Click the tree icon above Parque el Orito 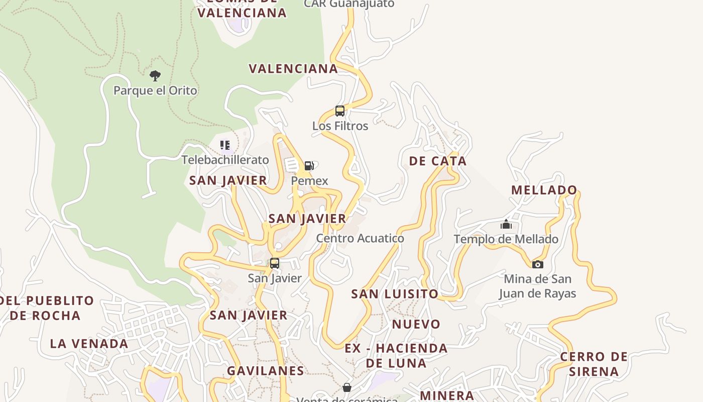tap(155, 76)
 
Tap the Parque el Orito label tap(155, 90)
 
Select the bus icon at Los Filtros tap(340, 111)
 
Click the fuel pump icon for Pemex tap(309, 166)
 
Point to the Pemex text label tap(309, 181)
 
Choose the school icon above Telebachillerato tap(225, 145)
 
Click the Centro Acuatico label tap(360, 238)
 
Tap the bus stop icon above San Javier tap(275, 263)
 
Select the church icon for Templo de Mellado tap(506, 224)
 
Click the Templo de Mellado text tap(506, 239)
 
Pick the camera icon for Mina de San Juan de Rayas tap(537, 264)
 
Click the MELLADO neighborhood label tap(544, 190)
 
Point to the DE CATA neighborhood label tap(437, 161)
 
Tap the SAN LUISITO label tap(395, 293)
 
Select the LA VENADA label tap(89, 344)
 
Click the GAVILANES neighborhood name tap(265, 371)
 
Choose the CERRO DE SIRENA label tap(594, 364)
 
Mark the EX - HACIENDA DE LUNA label tap(396, 355)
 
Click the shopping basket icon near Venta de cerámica tap(346, 387)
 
